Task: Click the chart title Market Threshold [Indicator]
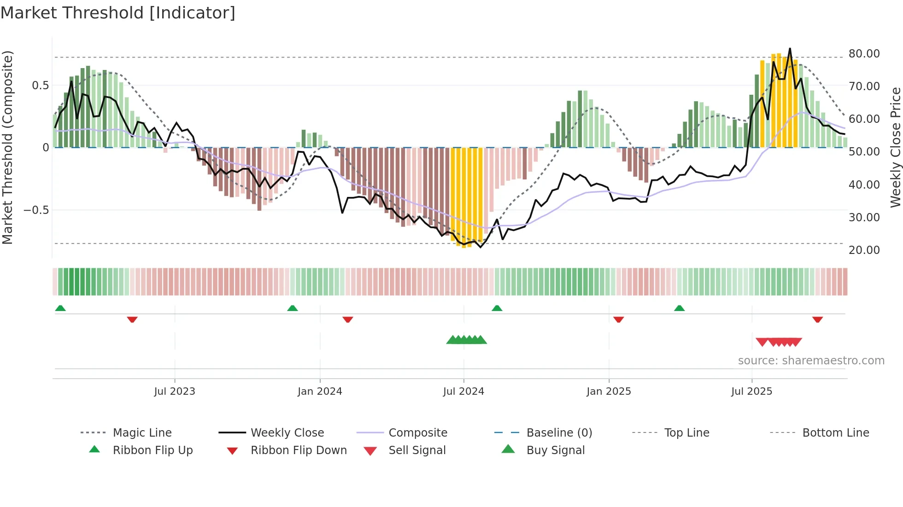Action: pyautogui.click(x=118, y=13)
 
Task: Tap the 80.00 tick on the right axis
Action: pyautogui.click(x=864, y=54)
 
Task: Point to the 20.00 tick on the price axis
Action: pyautogui.click(x=864, y=250)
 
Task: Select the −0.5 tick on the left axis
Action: pyautogui.click(x=36, y=210)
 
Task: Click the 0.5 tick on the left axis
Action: pyautogui.click(x=40, y=86)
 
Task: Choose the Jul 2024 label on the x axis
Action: pyautogui.click(x=463, y=392)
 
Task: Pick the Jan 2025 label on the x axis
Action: pyautogui.click(x=609, y=392)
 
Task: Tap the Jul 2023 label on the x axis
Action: pyautogui.click(x=175, y=392)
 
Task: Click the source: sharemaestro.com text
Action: pyautogui.click(x=811, y=361)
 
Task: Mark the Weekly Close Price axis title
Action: pyautogui.click(x=895, y=147)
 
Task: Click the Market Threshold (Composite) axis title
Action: pyautogui.click(x=7, y=147)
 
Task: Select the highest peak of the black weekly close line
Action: pyautogui.click(x=790, y=48)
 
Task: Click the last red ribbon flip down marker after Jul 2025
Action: pyautogui.click(x=818, y=319)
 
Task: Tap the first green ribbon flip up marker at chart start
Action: pyautogui.click(x=60, y=308)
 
